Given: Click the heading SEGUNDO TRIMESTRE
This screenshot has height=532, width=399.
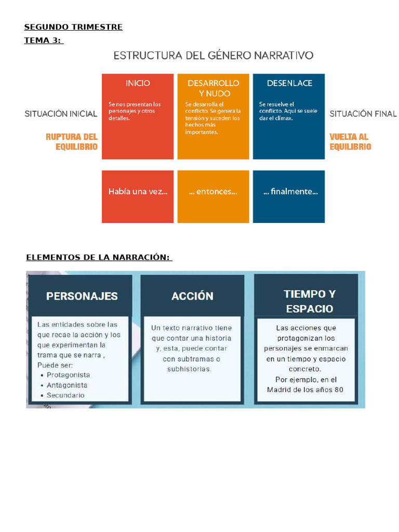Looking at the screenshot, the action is click(x=73, y=28).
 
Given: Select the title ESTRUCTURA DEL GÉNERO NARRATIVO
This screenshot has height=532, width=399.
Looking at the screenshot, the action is click(x=214, y=55).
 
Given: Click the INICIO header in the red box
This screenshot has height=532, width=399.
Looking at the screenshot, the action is click(x=138, y=83).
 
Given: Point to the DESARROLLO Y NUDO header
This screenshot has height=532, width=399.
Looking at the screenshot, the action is click(x=214, y=88).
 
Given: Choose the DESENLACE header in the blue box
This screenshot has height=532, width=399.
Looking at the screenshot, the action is click(x=289, y=83).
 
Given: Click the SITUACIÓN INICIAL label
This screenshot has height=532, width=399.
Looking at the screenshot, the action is click(x=61, y=114).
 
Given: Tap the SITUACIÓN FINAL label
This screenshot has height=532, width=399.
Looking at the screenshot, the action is click(x=363, y=114).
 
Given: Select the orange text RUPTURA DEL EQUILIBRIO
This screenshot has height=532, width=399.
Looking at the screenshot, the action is click(x=72, y=142).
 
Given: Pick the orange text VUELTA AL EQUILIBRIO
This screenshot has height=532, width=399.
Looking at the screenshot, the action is click(x=350, y=142).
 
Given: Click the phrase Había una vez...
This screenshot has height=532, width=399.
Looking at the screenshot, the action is click(x=138, y=192).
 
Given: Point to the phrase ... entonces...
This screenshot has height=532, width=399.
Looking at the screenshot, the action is click(x=213, y=192).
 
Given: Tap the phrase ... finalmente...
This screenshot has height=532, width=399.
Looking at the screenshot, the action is click(x=290, y=192).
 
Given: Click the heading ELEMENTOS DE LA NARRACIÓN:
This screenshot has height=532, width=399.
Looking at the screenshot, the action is click(x=99, y=258).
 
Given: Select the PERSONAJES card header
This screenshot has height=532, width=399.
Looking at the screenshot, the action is click(x=82, y=296).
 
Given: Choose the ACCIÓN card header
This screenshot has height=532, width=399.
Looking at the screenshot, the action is click(x=192, y=296).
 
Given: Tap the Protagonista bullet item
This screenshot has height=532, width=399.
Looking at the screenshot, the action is click(x=68, y=375).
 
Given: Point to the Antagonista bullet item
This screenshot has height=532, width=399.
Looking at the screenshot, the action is click(x=67, y=385).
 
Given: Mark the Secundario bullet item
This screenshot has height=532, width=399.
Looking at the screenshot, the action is click(x=65, y=395).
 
